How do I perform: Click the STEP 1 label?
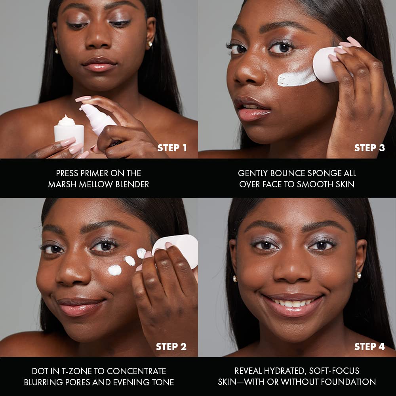(x=172, y=148)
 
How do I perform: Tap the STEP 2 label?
(x=171, y=347)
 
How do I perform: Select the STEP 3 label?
(x=369, y=148)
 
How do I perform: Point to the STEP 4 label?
(x=369, y=347)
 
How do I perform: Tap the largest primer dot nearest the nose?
(x=115, y=270)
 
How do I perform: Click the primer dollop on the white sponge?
(x=67, y=120)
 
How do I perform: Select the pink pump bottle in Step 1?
(x=97, y=120)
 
